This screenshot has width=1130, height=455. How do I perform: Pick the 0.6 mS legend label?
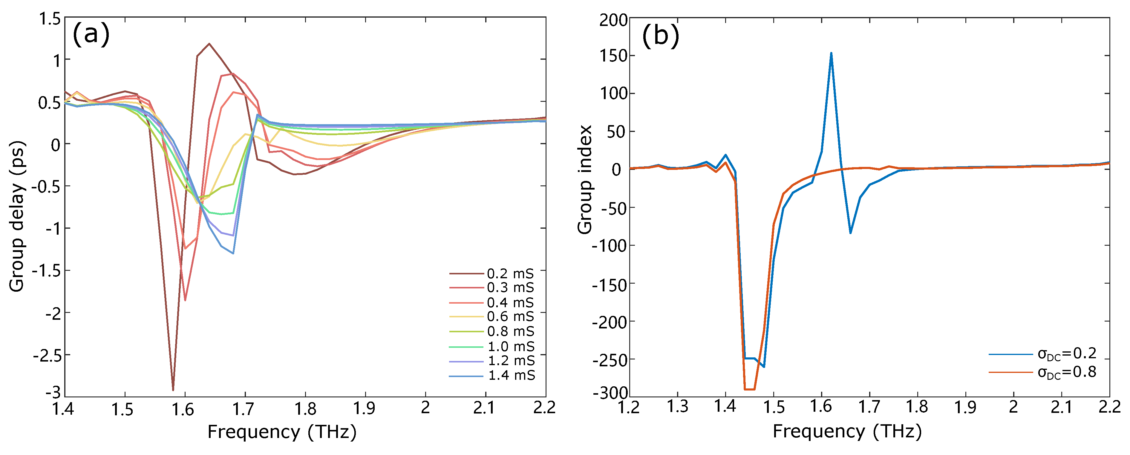[x=510, y=316]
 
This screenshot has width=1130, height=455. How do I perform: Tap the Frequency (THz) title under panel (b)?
[x=847, y=431]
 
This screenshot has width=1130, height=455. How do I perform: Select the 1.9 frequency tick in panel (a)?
[x=365, y=408]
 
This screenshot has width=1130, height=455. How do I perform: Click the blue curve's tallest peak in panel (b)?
[x=831, y=53]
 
